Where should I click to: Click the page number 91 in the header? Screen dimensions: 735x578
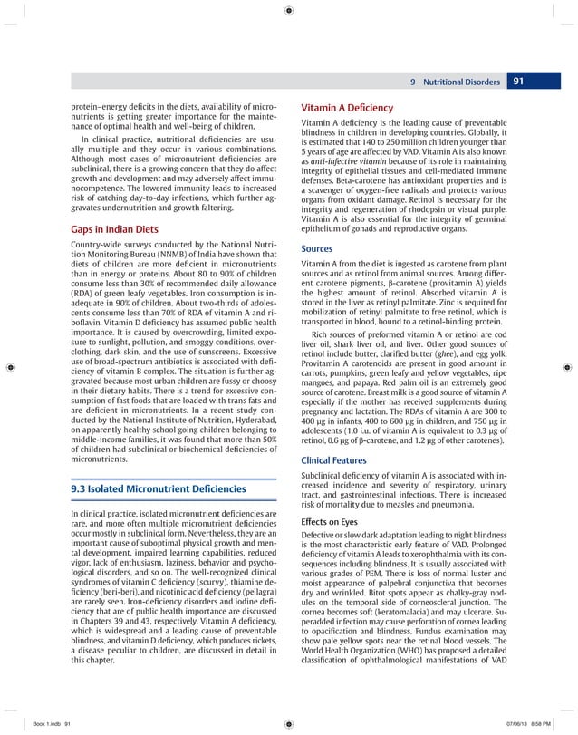pyautogui.click(x=519, y=82)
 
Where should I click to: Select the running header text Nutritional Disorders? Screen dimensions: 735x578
pyautogui.click(x=460, y=82)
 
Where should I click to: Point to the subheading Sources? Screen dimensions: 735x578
pyautogui.click(x=318, y=247)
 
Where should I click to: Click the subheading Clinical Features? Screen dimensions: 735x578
pyautogui.click(x=335, y=459)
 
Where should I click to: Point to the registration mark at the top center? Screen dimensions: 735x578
pyautogui.click(x=288, y=11)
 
